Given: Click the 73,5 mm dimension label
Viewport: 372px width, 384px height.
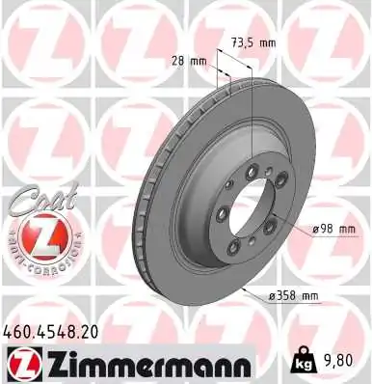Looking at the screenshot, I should (253, 41).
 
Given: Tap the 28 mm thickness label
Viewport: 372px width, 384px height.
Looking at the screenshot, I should (196, 62).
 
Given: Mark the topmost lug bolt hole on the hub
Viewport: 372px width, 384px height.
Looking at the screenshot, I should (252, 172).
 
